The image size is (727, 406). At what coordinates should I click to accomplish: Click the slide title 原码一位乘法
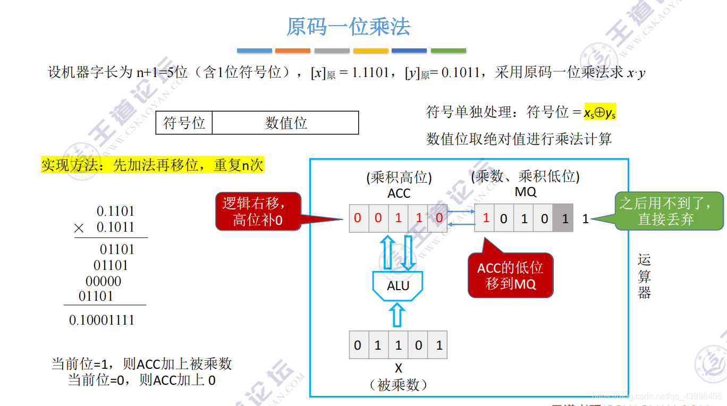(348, 27)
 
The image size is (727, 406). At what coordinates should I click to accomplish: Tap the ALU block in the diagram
(398, 286)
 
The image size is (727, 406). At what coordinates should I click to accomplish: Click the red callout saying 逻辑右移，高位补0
(258, 211)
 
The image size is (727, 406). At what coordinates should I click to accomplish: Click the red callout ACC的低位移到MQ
(510, 275)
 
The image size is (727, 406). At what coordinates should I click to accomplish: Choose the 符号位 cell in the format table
(184, 123)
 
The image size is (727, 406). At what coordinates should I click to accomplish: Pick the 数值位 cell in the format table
(286, 123)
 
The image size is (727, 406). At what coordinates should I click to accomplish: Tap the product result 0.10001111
(102, 320)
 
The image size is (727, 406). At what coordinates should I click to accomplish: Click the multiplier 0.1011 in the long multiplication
(115, 227)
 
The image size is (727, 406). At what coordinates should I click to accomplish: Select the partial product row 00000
(103, 281)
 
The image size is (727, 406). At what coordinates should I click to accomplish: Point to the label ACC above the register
(399, 194)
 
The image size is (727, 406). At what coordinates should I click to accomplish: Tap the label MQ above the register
(525, 192)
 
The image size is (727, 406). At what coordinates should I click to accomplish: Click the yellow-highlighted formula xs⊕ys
(599, 112)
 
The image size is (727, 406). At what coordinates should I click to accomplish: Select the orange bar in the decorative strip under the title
(292, 51)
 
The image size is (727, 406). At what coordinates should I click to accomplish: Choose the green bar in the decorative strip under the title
(448, 51)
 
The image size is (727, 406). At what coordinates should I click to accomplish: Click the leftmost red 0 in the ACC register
(358, 218)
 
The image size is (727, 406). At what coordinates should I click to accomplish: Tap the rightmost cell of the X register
(439, 345)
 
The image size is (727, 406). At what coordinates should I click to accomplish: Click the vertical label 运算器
(644, 276)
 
